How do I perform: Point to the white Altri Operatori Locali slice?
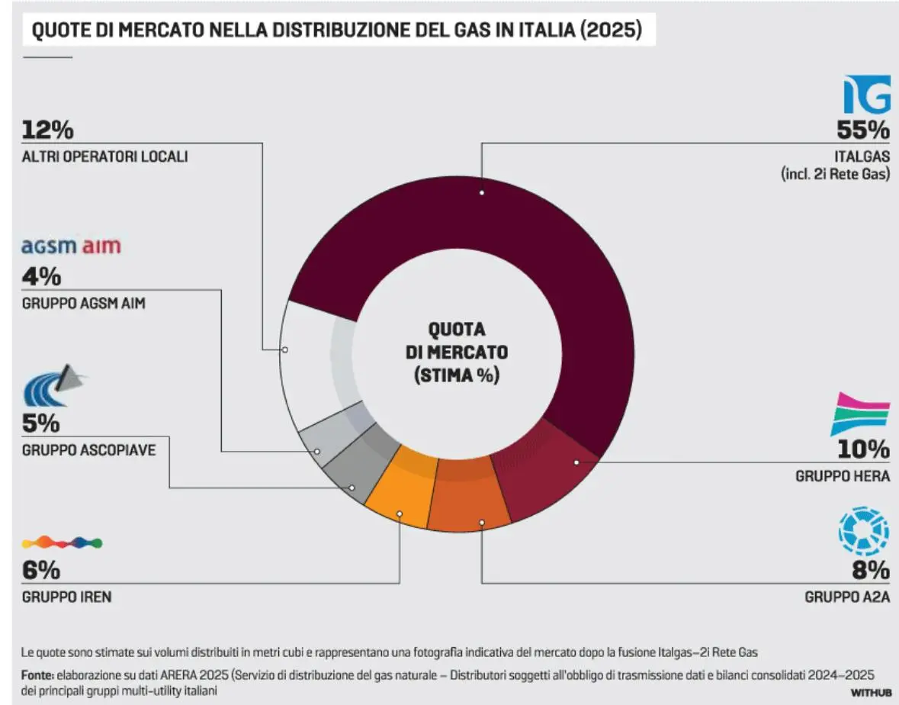(309, 366)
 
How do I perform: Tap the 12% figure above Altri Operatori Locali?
(47, 130)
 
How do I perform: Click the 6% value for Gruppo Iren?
(41, 570)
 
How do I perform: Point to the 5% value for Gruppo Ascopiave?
(41, 423)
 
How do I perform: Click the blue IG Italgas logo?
(866, 95)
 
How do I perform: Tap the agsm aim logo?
(71, 246)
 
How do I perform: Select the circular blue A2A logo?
(864, 532)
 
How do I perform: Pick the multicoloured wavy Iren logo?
(63, 542)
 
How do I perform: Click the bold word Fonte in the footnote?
(37, 675)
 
